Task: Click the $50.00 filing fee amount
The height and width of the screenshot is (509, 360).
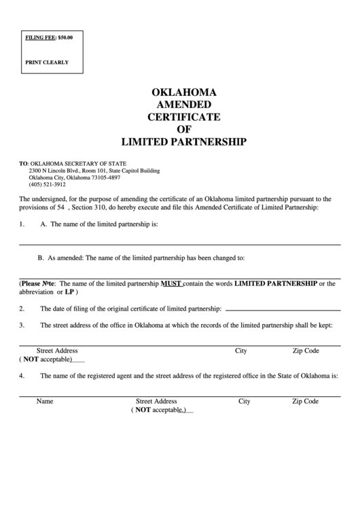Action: point(65,37)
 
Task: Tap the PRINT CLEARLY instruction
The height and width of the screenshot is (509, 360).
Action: point(47,62)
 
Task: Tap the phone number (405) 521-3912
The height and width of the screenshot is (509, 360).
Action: point(47,184)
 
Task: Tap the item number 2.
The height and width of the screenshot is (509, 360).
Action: point(22,309)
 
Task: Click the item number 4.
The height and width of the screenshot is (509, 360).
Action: point(22,375)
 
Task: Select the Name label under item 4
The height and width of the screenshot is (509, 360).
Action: point(45,402)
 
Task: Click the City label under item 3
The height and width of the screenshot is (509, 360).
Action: point(240,351)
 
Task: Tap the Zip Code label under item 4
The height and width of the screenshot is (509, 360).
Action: point(305,402)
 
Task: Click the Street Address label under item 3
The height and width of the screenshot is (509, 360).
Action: point(57,351)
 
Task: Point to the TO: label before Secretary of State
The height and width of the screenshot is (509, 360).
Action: point(23,164)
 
